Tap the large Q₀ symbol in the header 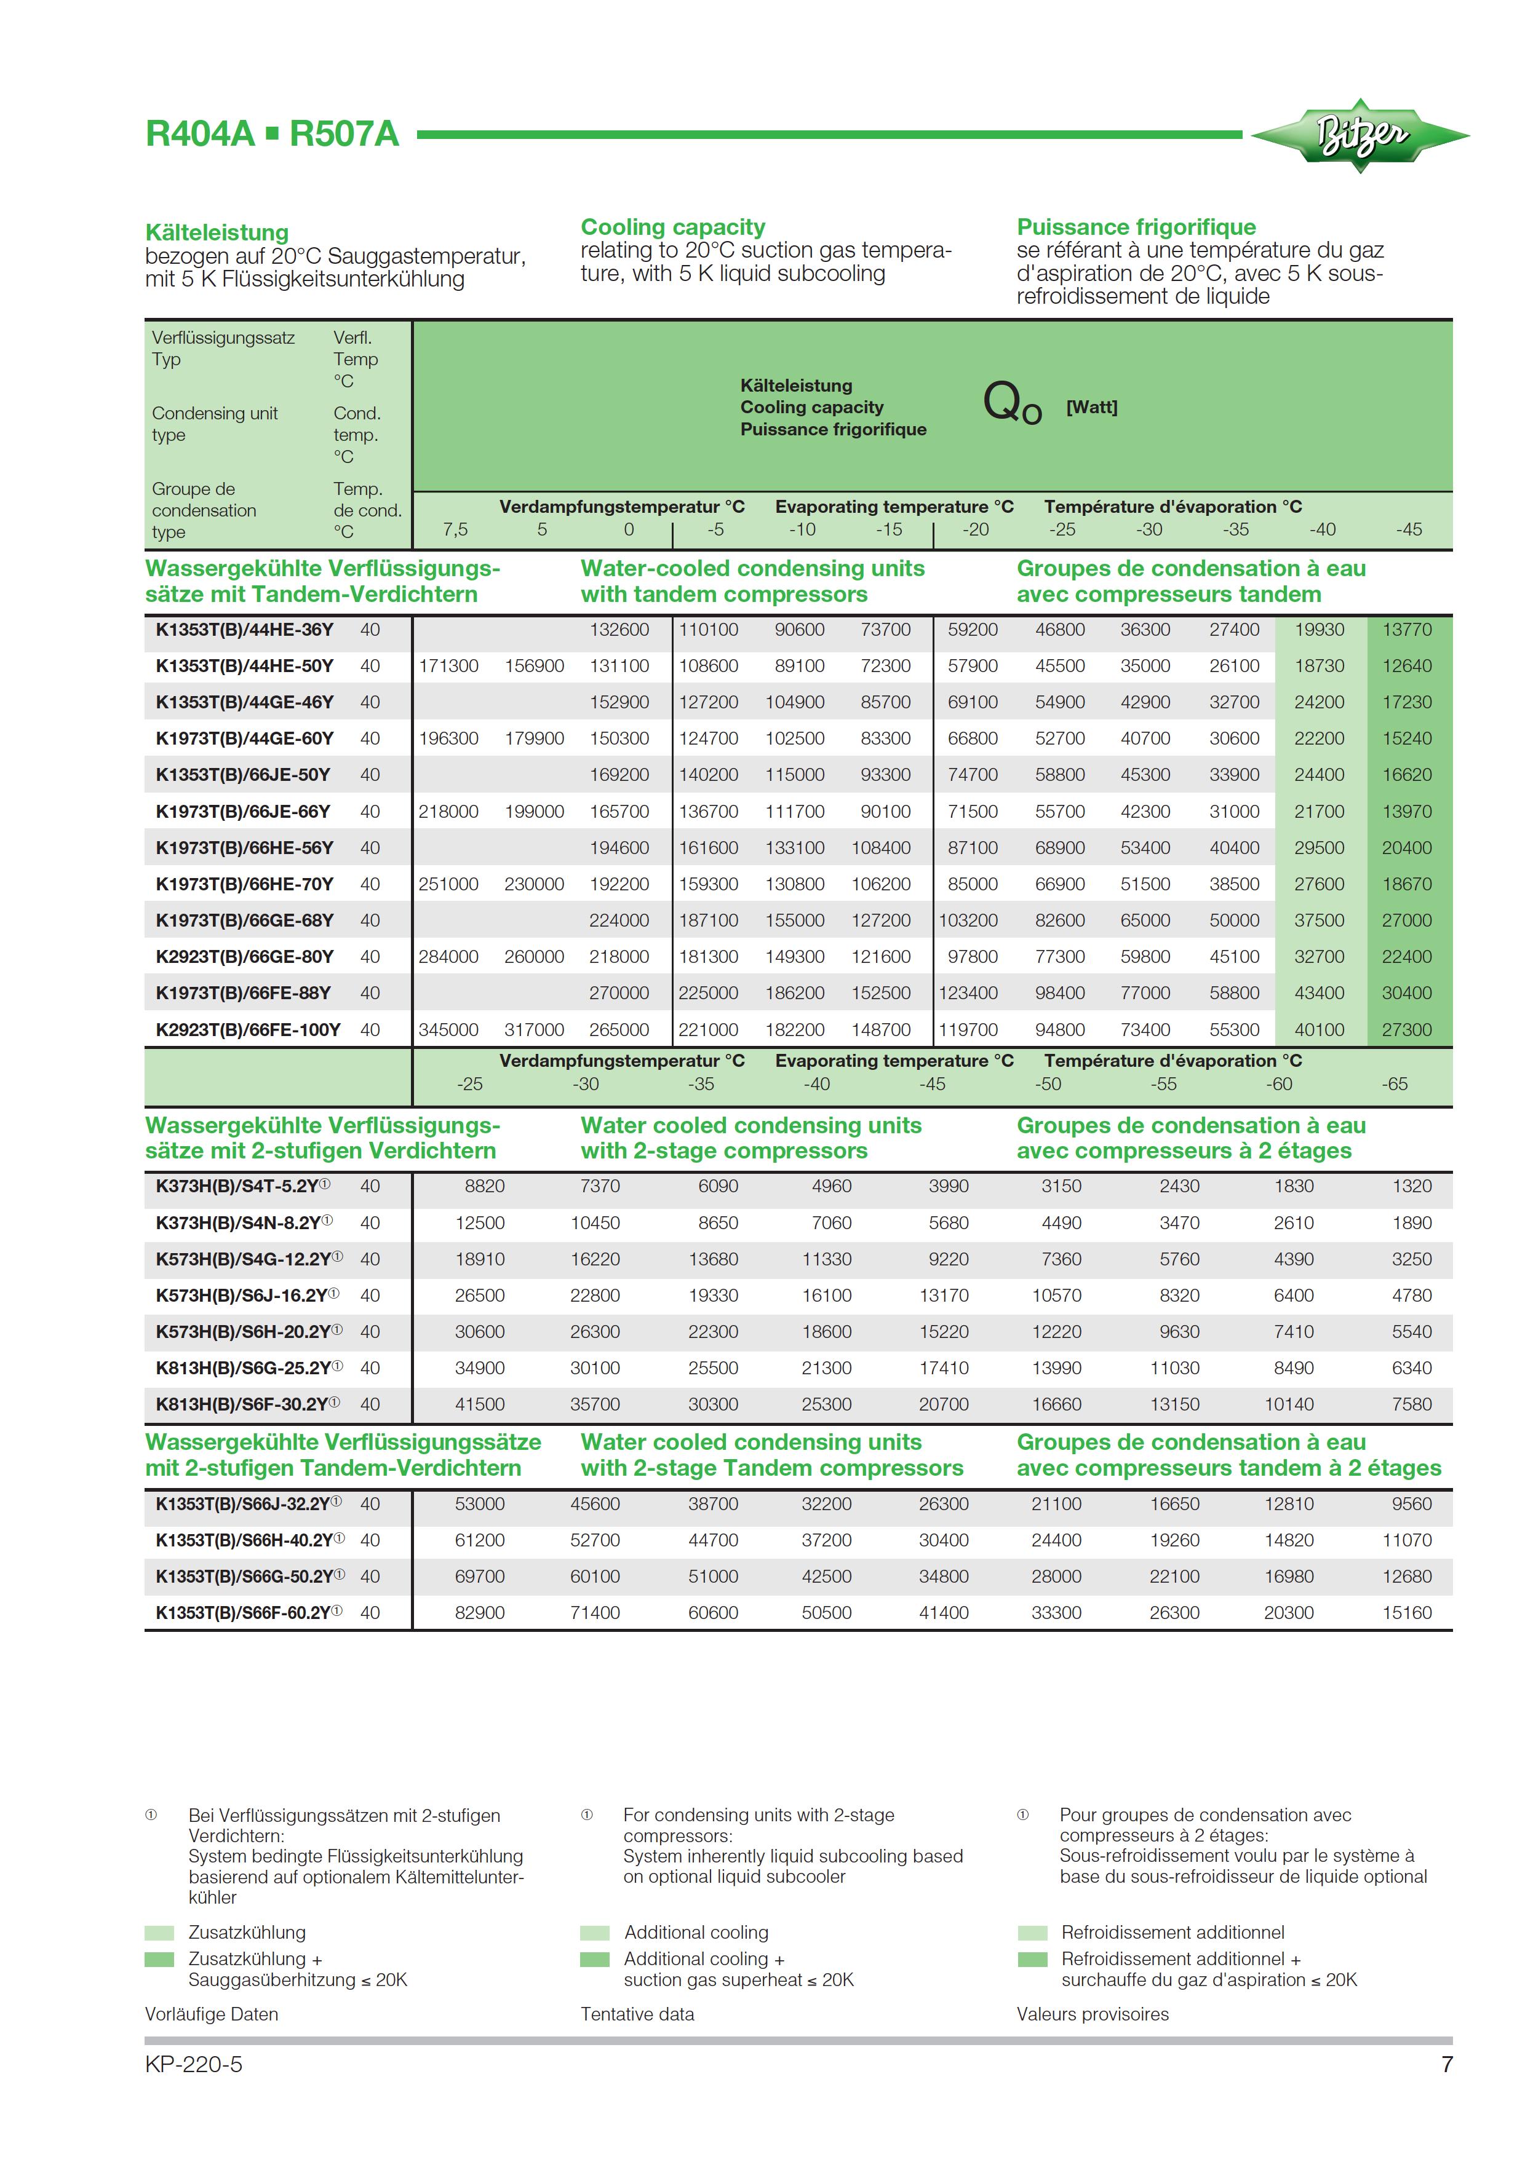[x=1011, y=404]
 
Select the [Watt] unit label [x=1091, y=407]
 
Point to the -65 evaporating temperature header [x=1395, y=1084]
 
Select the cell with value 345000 [x=448, y=1030]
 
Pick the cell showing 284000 [x=448, y=956]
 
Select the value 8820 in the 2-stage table [x=484, y=1187]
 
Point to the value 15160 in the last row [x=1407, y=1613]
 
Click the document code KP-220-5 [x=194, y=2064]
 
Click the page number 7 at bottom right [x=1447, y=2064]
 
